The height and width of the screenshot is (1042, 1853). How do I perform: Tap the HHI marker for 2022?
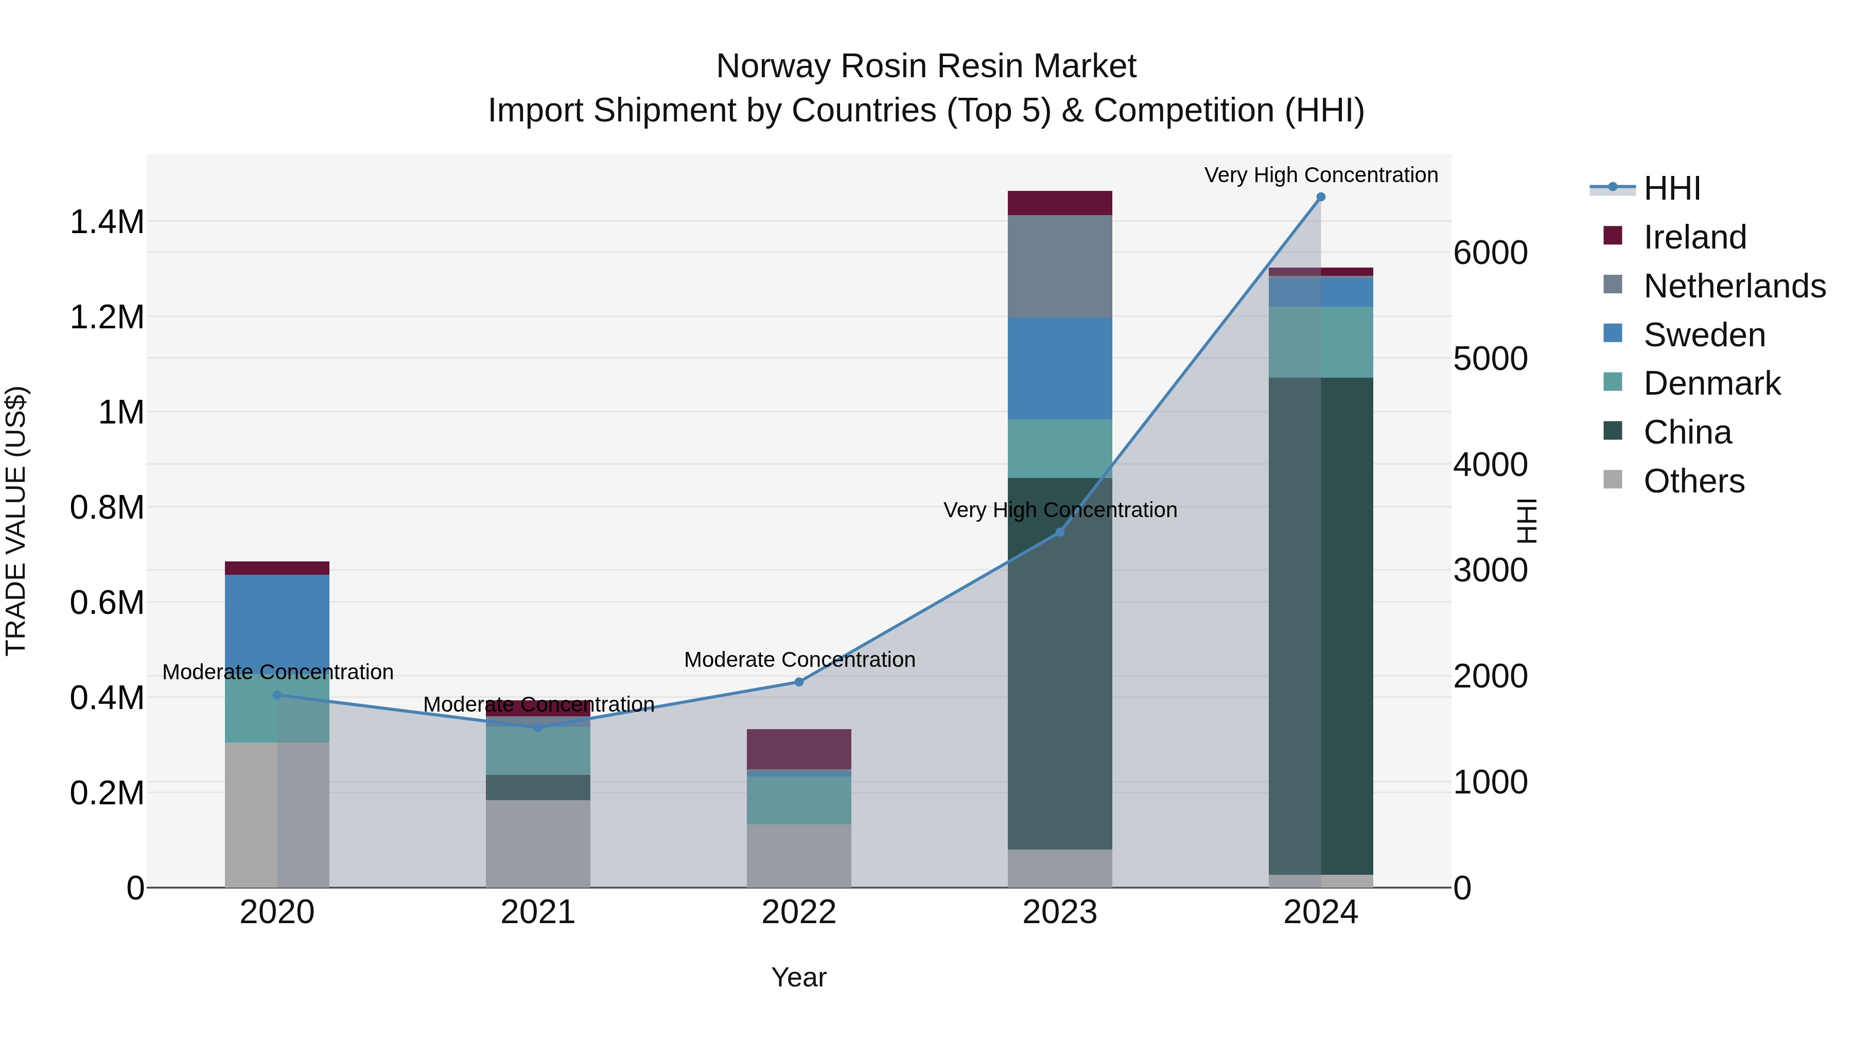pos(798,682)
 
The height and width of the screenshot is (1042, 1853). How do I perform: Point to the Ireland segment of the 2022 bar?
pos(798,749)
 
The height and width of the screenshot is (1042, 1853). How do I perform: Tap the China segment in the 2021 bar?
pos(537,787)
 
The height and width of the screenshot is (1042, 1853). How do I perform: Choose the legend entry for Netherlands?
pos(1734,286)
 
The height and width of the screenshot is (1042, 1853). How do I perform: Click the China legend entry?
pos(1687,432)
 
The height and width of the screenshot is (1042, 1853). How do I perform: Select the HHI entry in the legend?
pos(1671,188)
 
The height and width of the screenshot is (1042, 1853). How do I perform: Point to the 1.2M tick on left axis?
pos(107,317)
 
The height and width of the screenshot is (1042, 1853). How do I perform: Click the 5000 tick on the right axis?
pos(1490,359)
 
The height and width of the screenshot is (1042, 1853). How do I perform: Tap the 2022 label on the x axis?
pos(798,912)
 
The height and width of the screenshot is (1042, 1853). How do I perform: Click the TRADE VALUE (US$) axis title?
pos(16,521)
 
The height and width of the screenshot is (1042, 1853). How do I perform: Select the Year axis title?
pos(798,977)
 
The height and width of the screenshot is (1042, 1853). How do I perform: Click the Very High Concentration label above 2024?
pos(1321,175)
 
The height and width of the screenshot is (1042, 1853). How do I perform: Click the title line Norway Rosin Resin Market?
pos(926,66)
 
